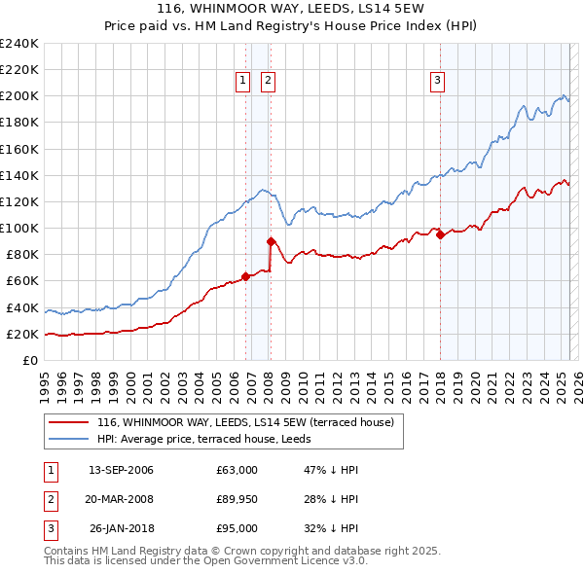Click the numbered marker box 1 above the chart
pyautogui.click(x=241, y=82)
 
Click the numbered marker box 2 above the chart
pyautogui.click(x=268, y=82)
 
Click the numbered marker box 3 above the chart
pyautogui.click(x=437, y=82)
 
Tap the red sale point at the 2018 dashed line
pyautogui.click(x=440, y=234)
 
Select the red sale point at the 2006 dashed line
pyautogui.click(x=245, y=276)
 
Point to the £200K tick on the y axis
pyautogui.click(x=19, y=96)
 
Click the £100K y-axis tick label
pyautogui.click(x=19, y=228)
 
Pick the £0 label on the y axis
pyautogui.click(x=29, y=360)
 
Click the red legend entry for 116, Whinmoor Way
pyautogui.click(x=244, y=422)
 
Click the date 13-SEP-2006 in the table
pyautogui.click(x=121, y=470)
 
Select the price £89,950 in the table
pyautogui.click(x=237, y=499)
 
